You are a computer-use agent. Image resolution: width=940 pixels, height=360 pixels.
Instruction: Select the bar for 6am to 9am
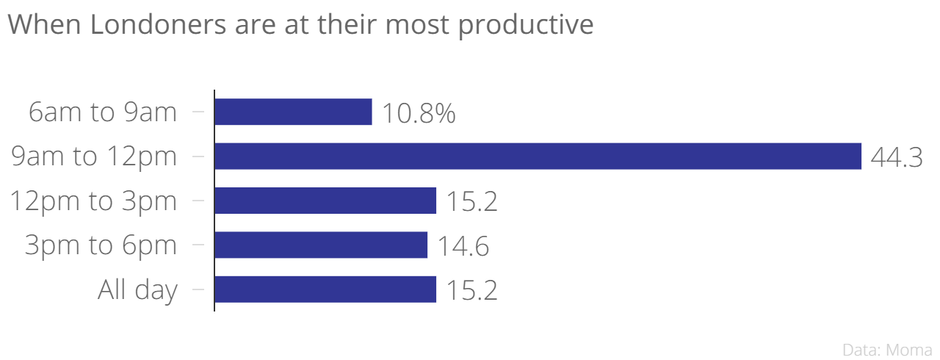pyautogui.click(x=293, y=112)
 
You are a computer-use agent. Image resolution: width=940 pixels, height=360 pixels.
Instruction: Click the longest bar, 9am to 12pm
pyautogui.click(x=538, y=156)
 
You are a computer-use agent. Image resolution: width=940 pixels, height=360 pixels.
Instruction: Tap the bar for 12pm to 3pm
pyautogui.click(x=325, y=201)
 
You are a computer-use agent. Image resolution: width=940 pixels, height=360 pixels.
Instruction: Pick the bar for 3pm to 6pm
pyautogui.click(x=321, y=245)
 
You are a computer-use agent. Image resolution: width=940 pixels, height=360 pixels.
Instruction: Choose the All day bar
pyautogui.click(x=325, y=289)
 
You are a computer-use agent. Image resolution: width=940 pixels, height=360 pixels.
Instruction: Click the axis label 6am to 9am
pyautogui.click(x=103, y=112)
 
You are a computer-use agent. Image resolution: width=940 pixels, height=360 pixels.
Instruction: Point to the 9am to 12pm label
pyautogui.click(x=94, y=156)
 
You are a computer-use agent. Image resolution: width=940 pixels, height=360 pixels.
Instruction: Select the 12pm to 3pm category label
pyautogui.click(x=93, y=201)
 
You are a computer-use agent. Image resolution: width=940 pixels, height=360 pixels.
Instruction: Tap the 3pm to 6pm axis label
pyautogui.click(x=101, y=245)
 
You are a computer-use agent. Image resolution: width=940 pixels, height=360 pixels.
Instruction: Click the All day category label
pyautogui.click(x=137, y=290)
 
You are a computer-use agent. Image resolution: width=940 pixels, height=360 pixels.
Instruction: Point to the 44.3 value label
pyautogui.click(x=896, y=158)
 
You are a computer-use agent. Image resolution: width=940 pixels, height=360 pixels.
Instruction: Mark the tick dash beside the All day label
pyautogui.click(x=198, y=289)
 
